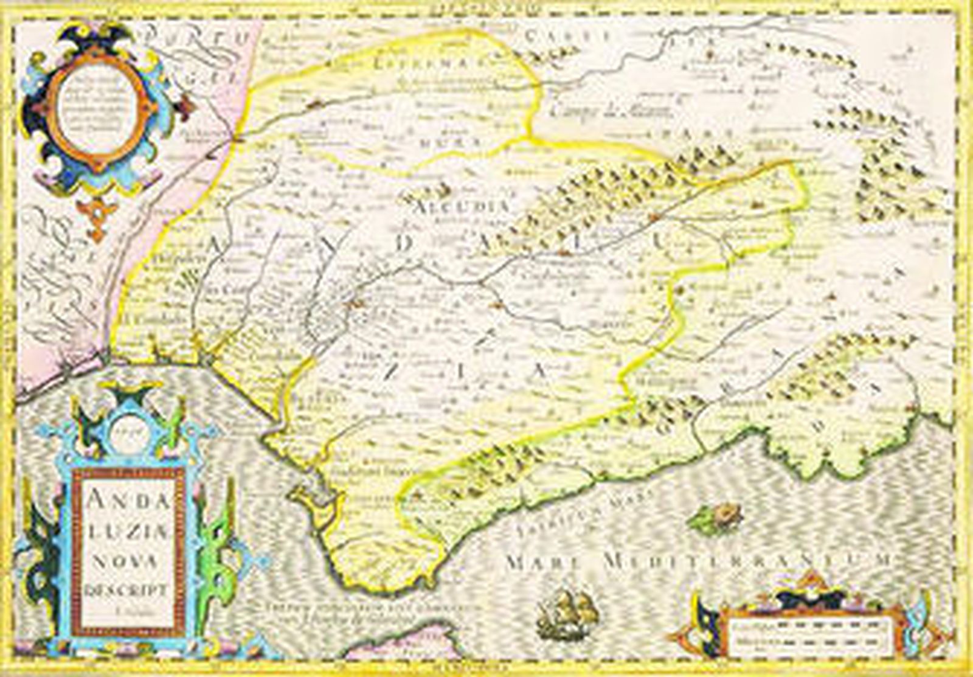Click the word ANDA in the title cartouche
pos(128,502)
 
